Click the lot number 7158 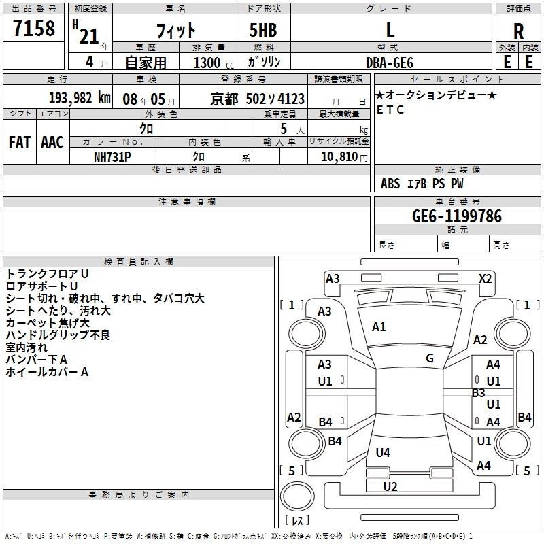34,29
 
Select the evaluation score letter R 518,31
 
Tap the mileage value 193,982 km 80,98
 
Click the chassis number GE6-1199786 457,217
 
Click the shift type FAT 19,141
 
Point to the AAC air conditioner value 52,141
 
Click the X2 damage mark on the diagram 486,278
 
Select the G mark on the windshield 430,358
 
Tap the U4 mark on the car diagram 383,452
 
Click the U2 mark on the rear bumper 390,486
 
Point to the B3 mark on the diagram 479,392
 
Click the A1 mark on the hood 379,327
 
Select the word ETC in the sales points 390,109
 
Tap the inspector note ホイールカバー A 47,372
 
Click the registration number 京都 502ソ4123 258,99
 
